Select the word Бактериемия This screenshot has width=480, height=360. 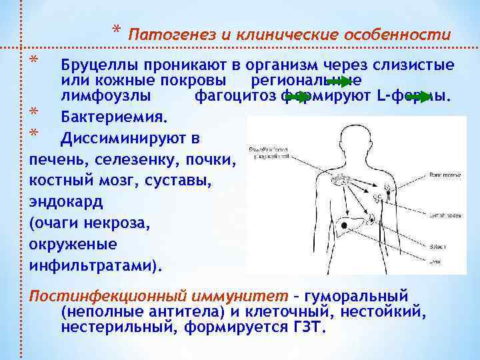(x=113, y=117)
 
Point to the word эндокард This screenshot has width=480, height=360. (x=67, y=201)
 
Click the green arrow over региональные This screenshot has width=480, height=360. (x=339, y=82)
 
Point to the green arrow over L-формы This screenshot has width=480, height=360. (x=419, y=97)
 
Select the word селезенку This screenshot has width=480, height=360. (x=133, y=160)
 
